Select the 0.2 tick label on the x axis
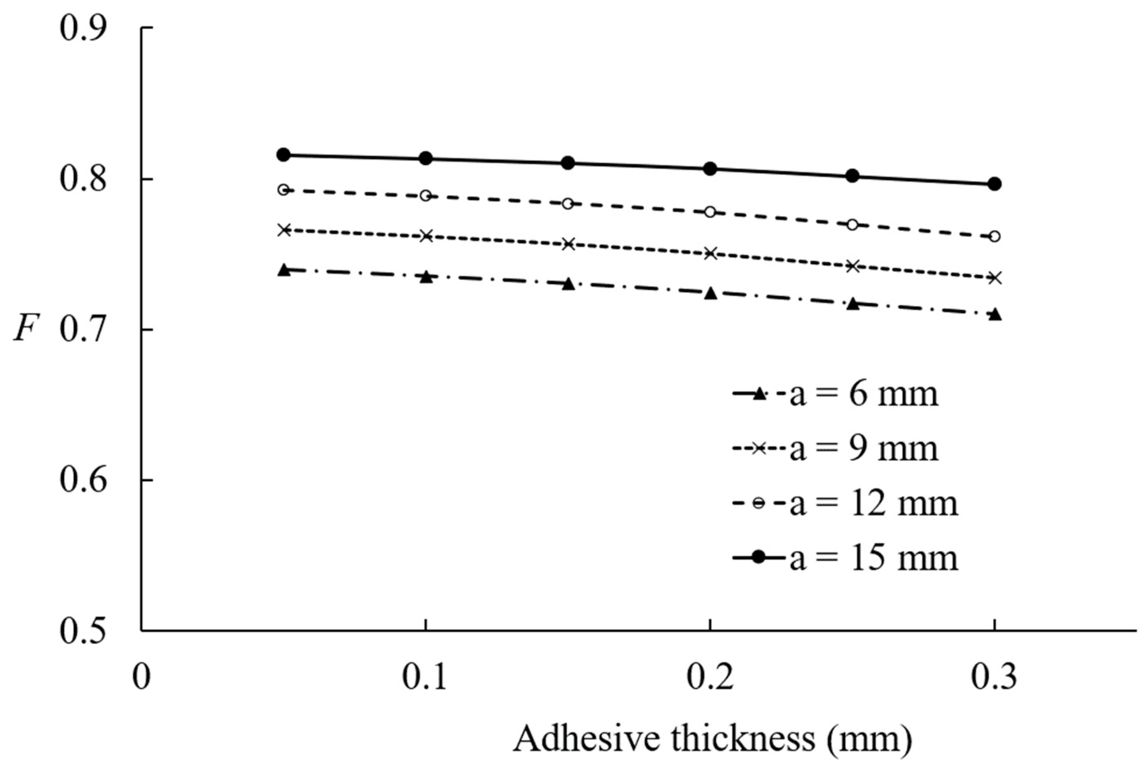click(x=709, y=678)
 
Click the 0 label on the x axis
click(x=142, y=678)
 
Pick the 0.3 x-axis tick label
click(x=994, y=678)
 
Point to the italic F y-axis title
click(x=25, y=329)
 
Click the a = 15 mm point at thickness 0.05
click(x=283, y=155)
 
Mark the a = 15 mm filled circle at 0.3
click(x=995, y=184)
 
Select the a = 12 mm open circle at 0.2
click(x=710, y=212)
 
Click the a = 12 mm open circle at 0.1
click(x=426, y=196)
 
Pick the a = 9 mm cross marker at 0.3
click(x=995, y=278)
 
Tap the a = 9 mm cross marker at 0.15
click(x=568, y=244)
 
